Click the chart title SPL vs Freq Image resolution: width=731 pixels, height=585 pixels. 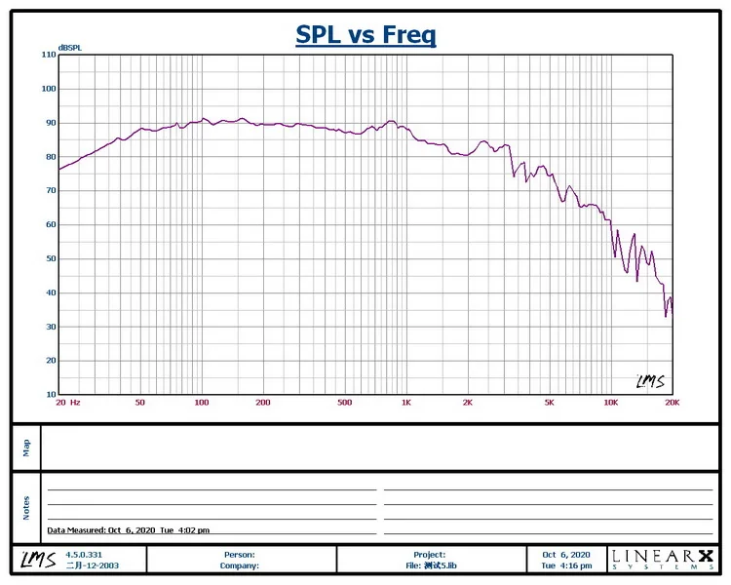coord(365,36)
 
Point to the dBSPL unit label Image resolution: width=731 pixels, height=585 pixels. coord(69,47)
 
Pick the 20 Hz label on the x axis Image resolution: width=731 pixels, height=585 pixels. coord(67,403)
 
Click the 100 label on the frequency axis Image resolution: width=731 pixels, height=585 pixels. coord(202,403)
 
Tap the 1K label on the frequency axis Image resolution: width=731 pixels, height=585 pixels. coord(406,403)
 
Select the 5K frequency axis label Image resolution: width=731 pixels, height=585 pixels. coord(550,403)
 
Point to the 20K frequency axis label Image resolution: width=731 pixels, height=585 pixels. coord(672,403)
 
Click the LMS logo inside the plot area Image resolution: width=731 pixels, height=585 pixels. coord(649,381)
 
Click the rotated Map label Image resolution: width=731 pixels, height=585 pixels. coord(26,447)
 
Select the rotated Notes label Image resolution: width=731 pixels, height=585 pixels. coord(26,507)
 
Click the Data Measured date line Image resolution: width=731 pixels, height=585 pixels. coord(129,530)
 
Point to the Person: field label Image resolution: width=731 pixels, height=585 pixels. coord(239,554)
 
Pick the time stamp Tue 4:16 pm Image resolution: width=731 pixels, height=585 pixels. coord(566,565)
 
